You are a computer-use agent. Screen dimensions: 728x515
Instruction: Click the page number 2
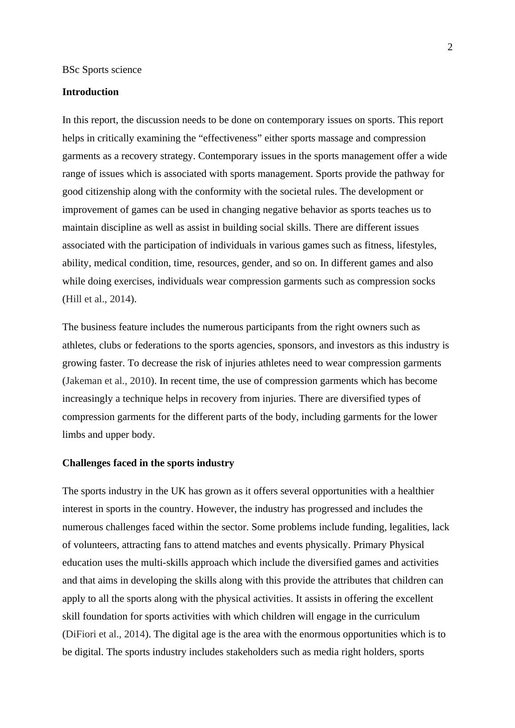pyautogui.click(x=450, y=48)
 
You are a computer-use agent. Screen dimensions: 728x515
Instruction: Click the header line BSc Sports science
pyautogui.click(x=102, y=70)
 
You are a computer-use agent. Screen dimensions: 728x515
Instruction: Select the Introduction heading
pyautogui.click(x=90, y=92)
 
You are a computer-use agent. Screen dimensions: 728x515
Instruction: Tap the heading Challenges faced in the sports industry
pyautogui.click(x=148, y=463)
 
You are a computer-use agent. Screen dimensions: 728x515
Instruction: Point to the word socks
pyautogui.click(x=424, y=281)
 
